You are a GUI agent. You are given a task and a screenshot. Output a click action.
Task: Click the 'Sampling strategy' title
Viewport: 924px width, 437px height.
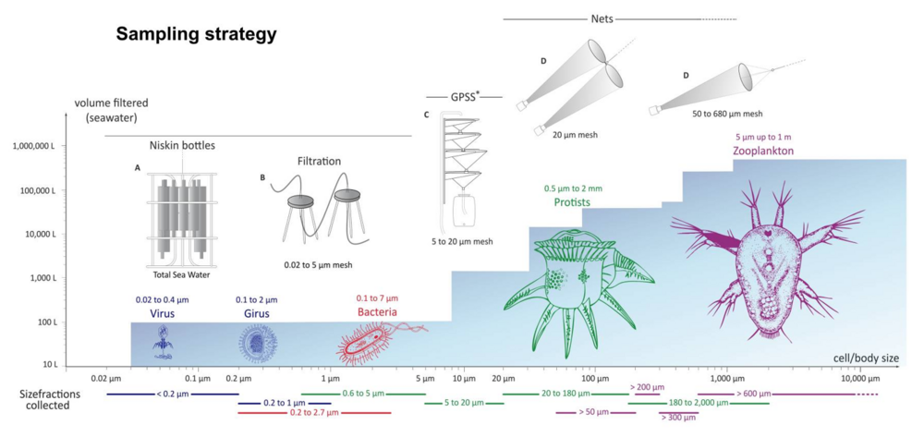[196, 35]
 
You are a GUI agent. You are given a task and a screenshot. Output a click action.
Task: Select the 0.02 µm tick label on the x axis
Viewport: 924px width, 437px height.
[106, 379]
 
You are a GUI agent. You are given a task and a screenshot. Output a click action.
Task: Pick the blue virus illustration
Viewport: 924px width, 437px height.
[164, 342]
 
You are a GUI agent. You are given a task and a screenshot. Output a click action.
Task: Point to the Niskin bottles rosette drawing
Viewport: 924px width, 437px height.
[182, 214]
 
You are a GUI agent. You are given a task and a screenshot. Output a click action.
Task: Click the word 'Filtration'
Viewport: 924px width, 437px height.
[320, 162]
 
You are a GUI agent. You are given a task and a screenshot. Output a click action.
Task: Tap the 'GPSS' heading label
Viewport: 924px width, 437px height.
[464, 96]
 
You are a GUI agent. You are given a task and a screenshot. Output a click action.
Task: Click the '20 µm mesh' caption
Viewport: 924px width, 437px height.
[575, 135]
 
